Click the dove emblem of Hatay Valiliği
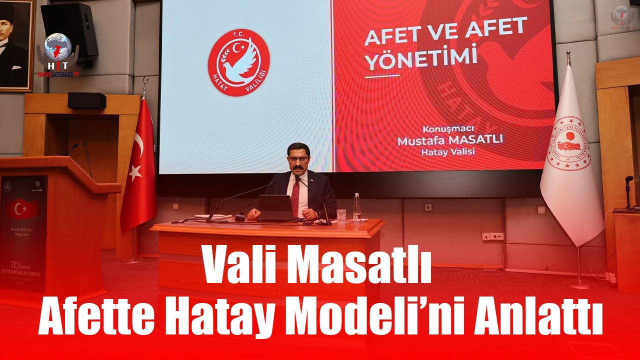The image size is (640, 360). (x=238, y=63)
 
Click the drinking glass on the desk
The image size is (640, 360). (x=341, y=215)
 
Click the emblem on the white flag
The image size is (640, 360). (x=569, y=143)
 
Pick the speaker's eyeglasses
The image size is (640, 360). (x=298, y=159)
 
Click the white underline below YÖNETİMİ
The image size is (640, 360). (x=382, y=76)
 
